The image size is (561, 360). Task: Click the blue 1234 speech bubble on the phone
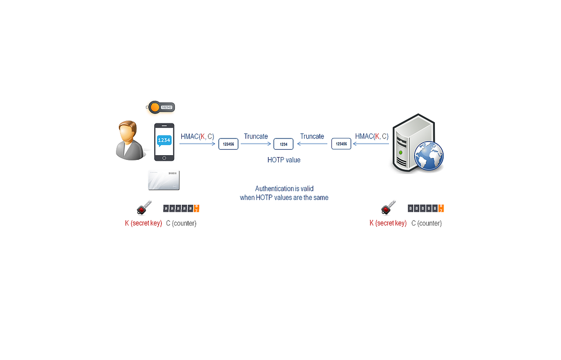(164, 140)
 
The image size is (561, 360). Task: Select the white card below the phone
(164, 180)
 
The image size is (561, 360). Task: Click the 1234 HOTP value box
(283, 144)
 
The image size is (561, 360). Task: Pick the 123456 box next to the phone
(228, 144)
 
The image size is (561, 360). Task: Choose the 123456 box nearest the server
(341, 144)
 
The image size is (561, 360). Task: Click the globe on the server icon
(428, 157)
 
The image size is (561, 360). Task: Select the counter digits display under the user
(181, 209)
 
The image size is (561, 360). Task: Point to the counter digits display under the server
(425, 209)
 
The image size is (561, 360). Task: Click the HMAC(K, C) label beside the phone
(197, 137)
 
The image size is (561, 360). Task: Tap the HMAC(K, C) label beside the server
(372, 137)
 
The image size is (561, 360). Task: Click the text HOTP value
(284, 160)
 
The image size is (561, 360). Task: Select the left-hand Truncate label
(256, 137)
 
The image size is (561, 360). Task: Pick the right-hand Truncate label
(312, 137)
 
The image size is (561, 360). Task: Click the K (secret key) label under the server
(388, 223)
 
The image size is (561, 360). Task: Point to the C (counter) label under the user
(181, 223)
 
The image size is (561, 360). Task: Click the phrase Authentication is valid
(284, 189)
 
